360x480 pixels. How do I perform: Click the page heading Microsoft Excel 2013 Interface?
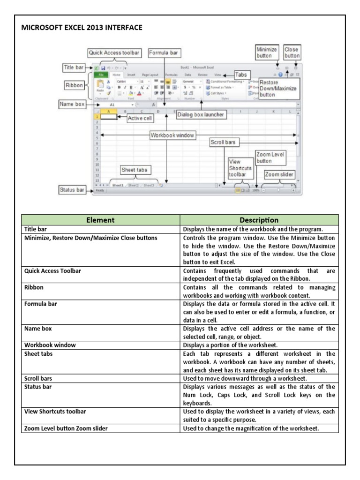pyautogui.click(x=82, y=28)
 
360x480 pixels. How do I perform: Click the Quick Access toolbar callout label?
pyautogui.click(x=114, y=53)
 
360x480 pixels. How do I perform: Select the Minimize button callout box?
pyautogui.click(x=266, y=52)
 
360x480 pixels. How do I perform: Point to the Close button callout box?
pyautogui.click(x=292, y=52)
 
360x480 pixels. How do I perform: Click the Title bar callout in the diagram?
pyautogui.click(x=73, y=68)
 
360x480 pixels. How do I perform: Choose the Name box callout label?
pyautogui.click(x=72, y=105)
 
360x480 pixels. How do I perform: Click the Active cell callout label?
pyautogui.click(x=141, y=119)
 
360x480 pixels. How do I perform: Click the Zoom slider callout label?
pyautogui.click(x=279, y=175)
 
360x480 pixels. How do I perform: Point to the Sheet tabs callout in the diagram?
pyautogui.click(x=135, y=170)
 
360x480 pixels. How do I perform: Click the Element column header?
pyautogui.click(x=101, y=220)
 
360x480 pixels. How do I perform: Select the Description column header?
pyautogui.click(x=259, y=220)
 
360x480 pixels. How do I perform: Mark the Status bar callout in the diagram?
pyautogui.click(x=73, y=190)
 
